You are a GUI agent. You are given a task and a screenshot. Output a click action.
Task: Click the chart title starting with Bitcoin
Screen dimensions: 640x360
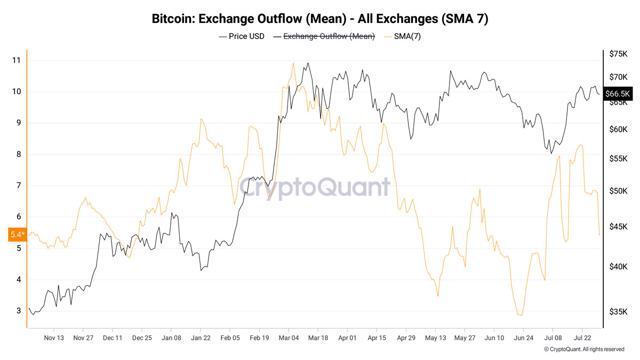320,19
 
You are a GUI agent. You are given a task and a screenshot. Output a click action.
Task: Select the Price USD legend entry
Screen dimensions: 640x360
242,37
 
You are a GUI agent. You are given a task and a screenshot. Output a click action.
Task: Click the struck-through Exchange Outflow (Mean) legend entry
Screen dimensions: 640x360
324,37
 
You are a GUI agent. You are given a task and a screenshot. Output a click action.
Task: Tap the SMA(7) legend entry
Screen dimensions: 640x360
403,37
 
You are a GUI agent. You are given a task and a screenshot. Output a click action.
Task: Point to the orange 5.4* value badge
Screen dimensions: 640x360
18,235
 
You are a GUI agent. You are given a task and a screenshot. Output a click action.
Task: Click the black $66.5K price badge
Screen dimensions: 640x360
618,94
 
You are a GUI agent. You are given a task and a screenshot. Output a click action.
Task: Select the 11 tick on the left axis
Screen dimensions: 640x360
17,60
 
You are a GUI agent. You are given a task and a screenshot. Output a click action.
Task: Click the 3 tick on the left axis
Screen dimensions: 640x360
19,310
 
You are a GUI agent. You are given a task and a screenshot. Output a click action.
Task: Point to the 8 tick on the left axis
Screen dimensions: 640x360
19,154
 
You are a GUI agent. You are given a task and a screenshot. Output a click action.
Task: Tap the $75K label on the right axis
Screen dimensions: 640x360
618,54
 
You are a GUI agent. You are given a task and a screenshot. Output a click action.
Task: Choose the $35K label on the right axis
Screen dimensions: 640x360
618,311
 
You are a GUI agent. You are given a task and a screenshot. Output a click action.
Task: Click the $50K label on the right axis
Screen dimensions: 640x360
618,191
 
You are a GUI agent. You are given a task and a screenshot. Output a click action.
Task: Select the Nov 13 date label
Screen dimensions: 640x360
54,338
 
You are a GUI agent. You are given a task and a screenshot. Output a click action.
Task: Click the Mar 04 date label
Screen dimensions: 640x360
289,338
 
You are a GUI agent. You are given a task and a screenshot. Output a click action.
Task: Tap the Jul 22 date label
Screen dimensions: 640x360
582,338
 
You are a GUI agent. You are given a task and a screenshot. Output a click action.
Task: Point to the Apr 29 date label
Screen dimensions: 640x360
406,338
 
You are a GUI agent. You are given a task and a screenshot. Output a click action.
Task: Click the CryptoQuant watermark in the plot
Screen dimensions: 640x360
315,187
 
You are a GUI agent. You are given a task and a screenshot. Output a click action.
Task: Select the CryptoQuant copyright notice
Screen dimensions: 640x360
584,349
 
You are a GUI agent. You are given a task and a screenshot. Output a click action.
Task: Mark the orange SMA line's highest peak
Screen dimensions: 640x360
293,63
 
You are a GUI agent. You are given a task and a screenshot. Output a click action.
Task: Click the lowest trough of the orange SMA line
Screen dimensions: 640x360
519,315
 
